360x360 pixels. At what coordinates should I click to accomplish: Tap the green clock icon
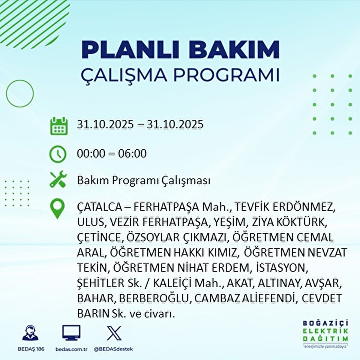click(58, 154)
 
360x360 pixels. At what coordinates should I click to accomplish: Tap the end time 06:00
click(132, 154)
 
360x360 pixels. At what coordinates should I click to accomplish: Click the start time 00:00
click(91, 154)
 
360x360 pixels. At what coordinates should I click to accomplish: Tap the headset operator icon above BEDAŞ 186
click(30, 333)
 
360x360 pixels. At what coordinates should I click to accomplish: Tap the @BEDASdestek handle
click(113, 349)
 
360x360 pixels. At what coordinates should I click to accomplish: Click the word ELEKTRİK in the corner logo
click(326, 331)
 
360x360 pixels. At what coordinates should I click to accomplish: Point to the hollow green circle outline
click(20, 94)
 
